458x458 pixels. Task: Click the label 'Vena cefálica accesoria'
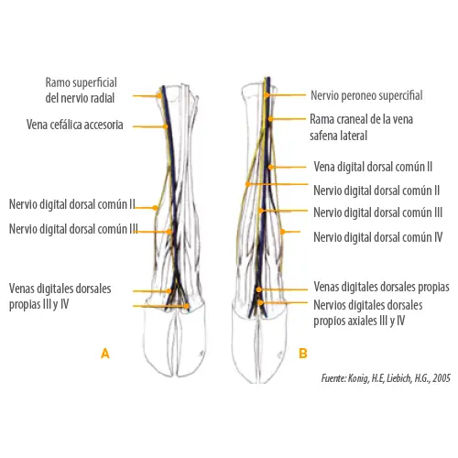(x=75, y=125)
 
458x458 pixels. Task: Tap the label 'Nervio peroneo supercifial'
(x=366, y=95)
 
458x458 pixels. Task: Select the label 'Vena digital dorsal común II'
(x=373, y=167)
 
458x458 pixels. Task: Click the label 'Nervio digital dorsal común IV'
(x=378, y=237)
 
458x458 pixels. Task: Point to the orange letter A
(x=105, y=354)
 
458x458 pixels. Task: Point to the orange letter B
(x=303, y=354)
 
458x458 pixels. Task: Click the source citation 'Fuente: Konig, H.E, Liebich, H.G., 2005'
(x=386, y=378)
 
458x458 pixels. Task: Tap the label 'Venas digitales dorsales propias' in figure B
(x=381, y=287)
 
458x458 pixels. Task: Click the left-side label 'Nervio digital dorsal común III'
(x=73, y=229)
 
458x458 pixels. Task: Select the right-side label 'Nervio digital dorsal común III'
(x=378, y=213)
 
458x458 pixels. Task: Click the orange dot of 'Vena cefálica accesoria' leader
(x=165, y=126)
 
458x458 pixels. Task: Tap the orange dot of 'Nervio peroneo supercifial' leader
(x=267, y=95)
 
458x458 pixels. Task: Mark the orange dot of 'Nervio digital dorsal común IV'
(x=283, y=232)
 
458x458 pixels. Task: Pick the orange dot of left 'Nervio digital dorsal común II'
(x=155, y=208)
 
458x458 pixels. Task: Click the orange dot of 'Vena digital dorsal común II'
(x=270, y=167)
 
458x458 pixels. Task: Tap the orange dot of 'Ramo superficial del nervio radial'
(x=159, y=95)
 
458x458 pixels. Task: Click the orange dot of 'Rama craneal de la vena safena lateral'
(x=270, y=119)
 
